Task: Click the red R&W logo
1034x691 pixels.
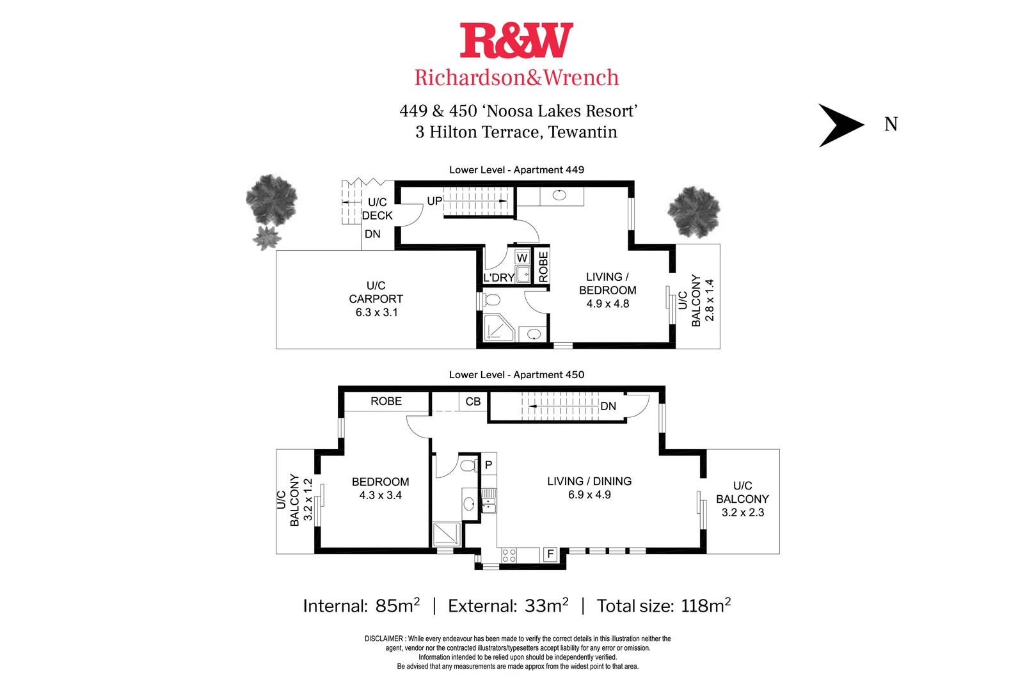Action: (516, 40)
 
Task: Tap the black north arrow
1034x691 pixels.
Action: (840, 125)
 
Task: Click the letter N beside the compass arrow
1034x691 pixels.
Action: (891, 124)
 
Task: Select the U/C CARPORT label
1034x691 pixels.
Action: (376, 292)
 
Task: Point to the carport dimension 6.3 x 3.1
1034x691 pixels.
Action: (376, 313)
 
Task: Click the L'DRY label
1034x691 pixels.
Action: (498, 278)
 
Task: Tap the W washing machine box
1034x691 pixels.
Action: (522, 258)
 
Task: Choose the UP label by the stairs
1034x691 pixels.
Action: (434, 201)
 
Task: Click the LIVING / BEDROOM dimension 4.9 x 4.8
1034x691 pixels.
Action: (608, 304)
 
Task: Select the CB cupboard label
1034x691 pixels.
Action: (473, 402)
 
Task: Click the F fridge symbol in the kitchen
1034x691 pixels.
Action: (550, 554)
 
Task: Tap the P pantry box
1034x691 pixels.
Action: (488, 465)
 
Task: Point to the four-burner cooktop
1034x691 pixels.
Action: (509, 555)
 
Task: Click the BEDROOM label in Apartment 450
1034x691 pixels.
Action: (380, 482)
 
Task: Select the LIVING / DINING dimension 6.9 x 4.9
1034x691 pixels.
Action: (589, 495)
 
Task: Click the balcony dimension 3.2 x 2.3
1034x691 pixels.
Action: (742, 512)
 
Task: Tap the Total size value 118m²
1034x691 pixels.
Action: (706, 606)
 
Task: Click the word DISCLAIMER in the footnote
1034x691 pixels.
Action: (384, 639)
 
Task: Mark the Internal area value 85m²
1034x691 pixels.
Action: (397, 606)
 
